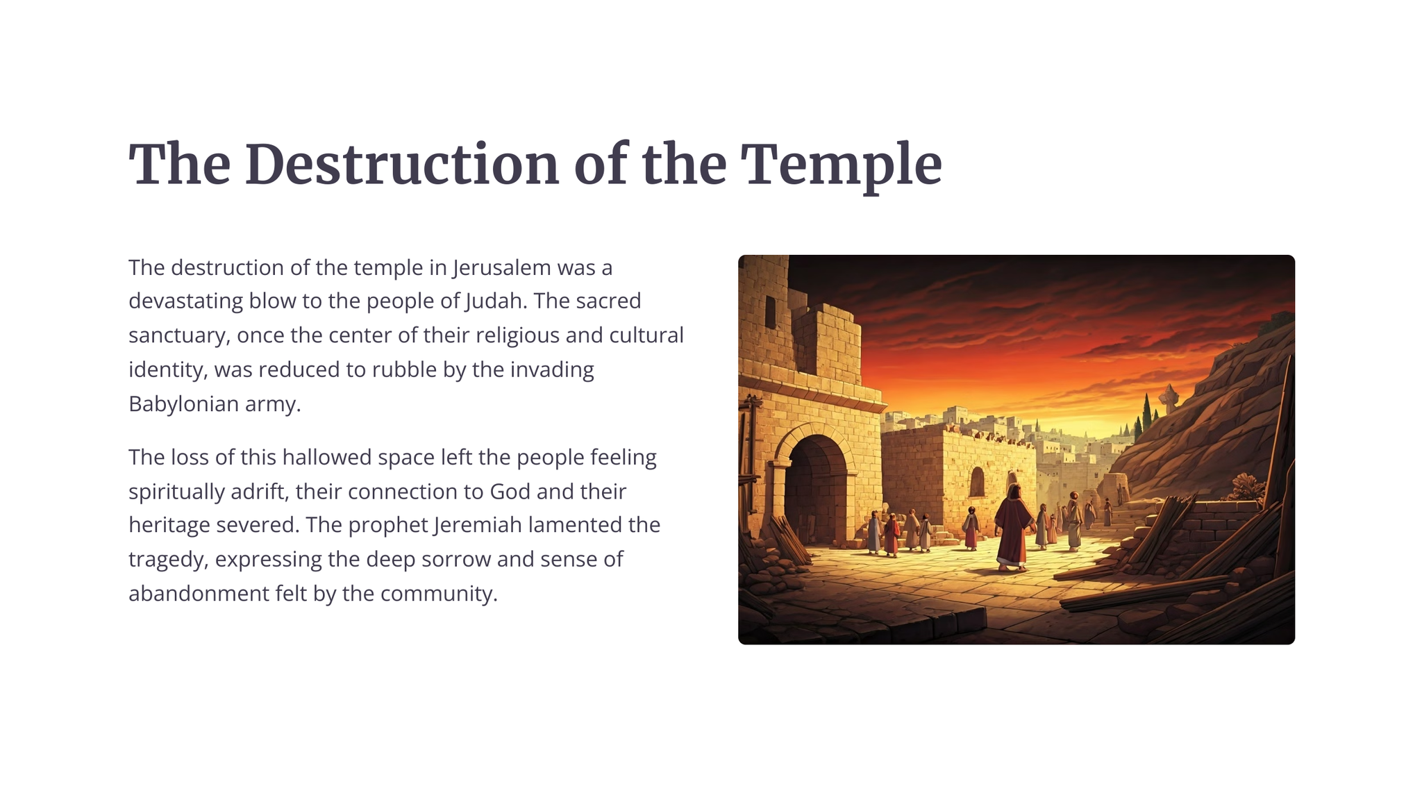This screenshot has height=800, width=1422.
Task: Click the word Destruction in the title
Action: click(402, 165)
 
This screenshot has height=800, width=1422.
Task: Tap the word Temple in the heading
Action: click(842, 167)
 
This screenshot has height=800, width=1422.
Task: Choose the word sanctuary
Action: click(179, 336)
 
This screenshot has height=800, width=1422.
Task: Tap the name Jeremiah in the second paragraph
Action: click(478, 525)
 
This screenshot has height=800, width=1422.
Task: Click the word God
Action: click(510, 492)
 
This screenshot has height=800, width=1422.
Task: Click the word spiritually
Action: click(174, 492)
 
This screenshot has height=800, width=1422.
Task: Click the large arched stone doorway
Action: click(815, 486)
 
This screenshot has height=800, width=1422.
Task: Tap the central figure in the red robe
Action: click(1012, 528)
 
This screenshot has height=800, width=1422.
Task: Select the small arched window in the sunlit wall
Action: click(977, 482)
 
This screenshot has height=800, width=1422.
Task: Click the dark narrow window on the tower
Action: click(770, 312)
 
